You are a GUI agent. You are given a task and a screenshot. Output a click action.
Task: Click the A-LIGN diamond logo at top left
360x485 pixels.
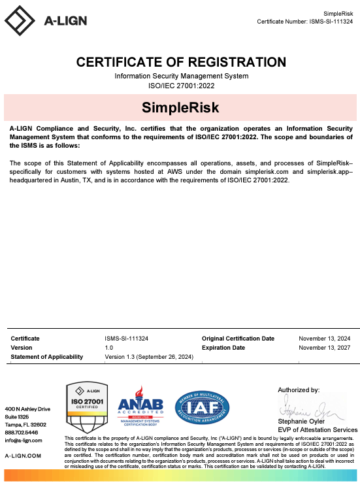(x=20, y=20)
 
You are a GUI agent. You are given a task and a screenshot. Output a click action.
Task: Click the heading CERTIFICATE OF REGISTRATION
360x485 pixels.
(x=181, y=63)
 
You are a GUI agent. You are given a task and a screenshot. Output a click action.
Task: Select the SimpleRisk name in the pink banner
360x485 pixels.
(x=180, y=107)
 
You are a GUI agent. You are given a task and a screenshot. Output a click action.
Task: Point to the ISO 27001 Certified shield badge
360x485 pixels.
(x=87, y=408)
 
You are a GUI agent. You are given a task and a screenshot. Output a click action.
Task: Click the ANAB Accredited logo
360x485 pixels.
(x=139, y=409)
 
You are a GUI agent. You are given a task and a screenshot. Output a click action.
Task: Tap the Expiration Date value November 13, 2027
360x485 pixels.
(x=324, y=348)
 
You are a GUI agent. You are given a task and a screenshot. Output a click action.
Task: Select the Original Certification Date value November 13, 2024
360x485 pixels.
(x=324, y=339)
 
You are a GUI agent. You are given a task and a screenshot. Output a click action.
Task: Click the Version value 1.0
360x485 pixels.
(x=109, y=348)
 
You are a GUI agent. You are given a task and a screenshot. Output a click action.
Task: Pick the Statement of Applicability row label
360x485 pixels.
(x=47, y=357)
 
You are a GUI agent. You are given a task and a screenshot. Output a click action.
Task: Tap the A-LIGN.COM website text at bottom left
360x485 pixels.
(x=23, y=456)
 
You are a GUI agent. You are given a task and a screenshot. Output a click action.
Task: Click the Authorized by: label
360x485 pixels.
(x=299, y=390)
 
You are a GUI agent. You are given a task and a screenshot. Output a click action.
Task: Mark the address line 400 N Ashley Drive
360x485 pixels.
(x=27, y=409)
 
